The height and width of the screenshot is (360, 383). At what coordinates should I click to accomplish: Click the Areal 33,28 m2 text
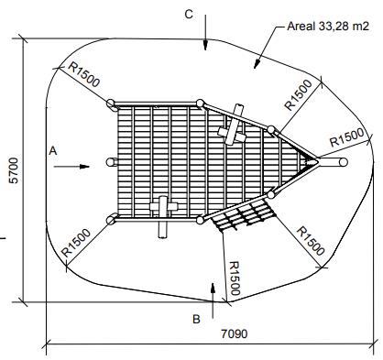tap(328, 27)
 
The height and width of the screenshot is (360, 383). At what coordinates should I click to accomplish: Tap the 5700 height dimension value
tap(15, 170)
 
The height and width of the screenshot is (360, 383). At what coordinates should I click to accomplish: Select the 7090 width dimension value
tap(235, 333)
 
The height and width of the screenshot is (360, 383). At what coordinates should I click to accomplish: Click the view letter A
tap(53, 151)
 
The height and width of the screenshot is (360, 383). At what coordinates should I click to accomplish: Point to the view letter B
tap(196, 319)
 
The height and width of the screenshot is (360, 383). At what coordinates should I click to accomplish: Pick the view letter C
tap(189, 14)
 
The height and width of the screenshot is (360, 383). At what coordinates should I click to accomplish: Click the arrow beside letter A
tap(71, 167)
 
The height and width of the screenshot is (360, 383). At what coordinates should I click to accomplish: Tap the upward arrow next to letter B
tap(213, 300)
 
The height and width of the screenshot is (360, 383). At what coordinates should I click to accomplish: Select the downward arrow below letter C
tap(205, 32)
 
